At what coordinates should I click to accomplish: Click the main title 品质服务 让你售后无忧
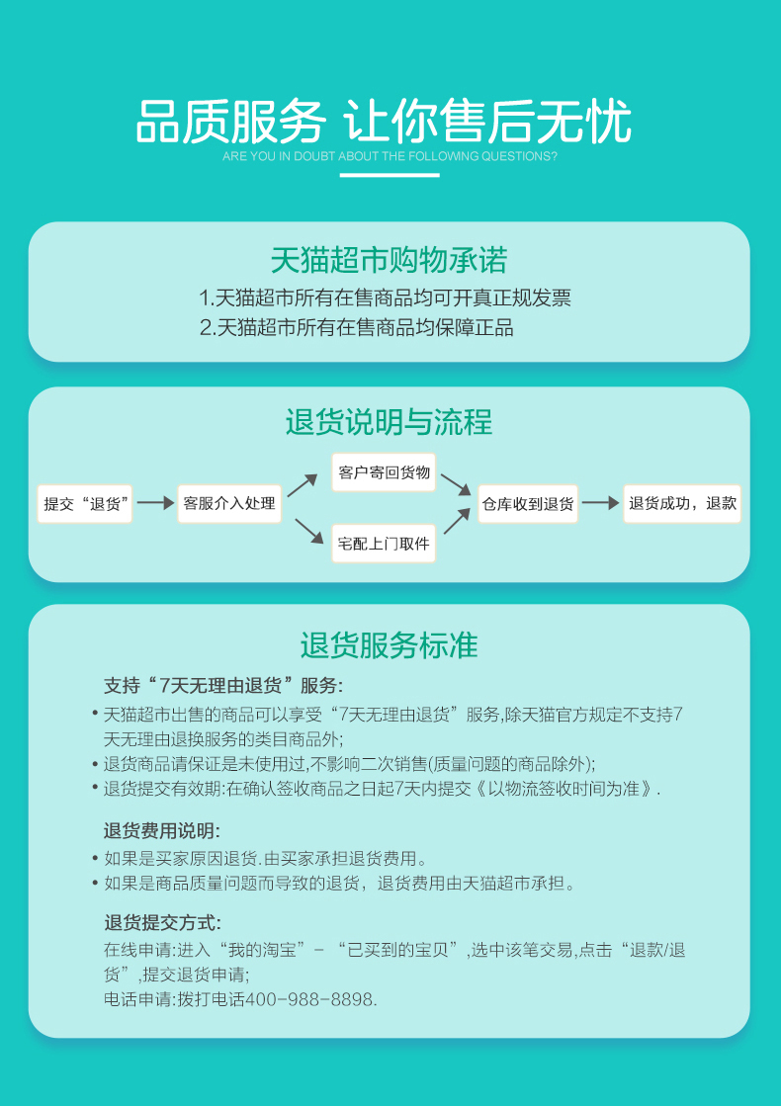coord(384,122)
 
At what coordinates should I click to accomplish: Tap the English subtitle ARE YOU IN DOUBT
coord(390,156)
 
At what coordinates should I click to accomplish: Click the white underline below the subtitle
coord(390,175)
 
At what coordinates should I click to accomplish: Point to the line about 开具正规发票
coord(386,298)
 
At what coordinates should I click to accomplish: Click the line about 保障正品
coord(357,327)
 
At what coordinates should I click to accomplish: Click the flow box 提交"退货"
coord(85,503)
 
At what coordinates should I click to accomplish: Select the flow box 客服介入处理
coord(229,503)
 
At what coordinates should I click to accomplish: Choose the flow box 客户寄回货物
coord(384,472)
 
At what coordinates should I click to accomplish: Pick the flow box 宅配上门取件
coord(384,543)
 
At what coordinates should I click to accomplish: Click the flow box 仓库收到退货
coord(528,503)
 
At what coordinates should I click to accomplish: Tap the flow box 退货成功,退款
coord(682,503)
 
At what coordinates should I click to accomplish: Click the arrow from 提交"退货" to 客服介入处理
coord(155,503)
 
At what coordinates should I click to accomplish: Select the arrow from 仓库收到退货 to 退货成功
coord(600,503)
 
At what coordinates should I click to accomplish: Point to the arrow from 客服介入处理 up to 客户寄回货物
coord(303,484)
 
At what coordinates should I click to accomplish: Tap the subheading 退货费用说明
coord(162,829)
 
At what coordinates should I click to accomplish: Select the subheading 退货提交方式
coord(162,923)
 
